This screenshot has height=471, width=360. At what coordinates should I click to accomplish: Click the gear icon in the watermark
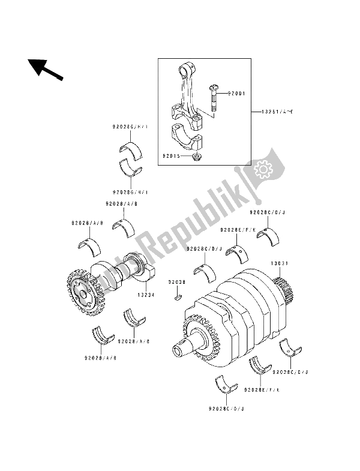264,170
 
